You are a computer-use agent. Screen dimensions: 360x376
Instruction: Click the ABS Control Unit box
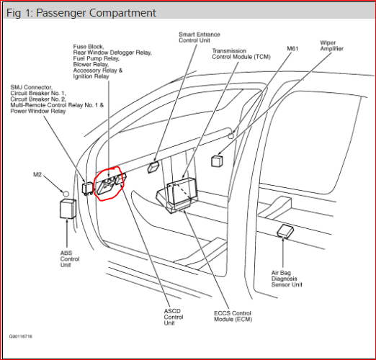[x=69, y=209]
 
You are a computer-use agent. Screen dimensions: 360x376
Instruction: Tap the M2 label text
[x=38, y=175]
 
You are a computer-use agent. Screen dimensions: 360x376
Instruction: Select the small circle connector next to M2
[x=64, y=193]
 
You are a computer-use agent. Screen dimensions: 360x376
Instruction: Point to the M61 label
[x=292, y=49]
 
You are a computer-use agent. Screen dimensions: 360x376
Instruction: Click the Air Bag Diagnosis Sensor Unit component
[x=285, y=231]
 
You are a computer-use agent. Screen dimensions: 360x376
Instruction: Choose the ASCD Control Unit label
[x=174, y=316]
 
